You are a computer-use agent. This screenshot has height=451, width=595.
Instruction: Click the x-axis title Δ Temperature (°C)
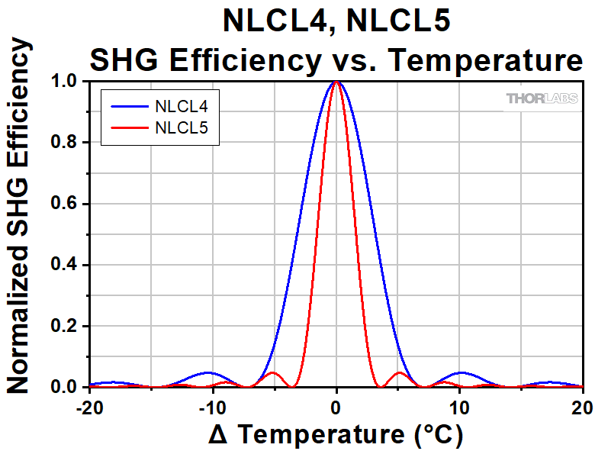coord(336,434)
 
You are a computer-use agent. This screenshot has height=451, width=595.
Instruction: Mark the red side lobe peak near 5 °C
coord(400,372)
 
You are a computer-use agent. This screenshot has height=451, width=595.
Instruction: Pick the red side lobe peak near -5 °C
coord(272,372)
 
